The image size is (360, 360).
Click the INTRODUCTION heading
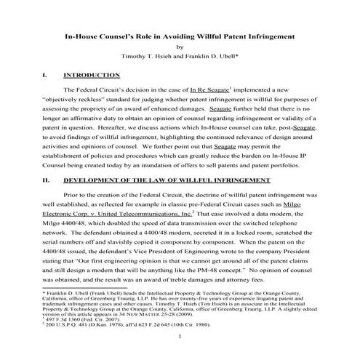click(x=92, y=75)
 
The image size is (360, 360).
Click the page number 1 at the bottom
click(x=180, y=350)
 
